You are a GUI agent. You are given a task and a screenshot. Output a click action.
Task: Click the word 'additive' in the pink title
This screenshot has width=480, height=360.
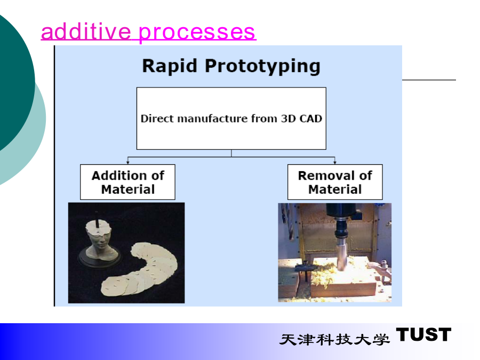[86, 31]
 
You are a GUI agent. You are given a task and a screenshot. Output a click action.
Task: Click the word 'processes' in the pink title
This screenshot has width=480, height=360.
[197, 33]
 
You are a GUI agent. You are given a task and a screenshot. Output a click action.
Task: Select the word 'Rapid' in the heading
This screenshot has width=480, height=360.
[170, 66]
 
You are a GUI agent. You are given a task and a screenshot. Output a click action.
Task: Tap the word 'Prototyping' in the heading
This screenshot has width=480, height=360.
[262, 66]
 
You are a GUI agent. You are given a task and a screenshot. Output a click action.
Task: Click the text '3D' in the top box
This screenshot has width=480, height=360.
[289, 118]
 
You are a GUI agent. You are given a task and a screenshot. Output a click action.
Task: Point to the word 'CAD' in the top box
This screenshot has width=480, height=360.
[310, 118]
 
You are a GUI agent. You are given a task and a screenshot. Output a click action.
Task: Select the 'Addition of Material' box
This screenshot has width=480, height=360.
[127, 182]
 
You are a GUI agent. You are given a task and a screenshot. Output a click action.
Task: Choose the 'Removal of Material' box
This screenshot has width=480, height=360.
[335, 182]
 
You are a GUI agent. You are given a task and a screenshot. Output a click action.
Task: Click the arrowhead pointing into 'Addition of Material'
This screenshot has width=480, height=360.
[128, 163]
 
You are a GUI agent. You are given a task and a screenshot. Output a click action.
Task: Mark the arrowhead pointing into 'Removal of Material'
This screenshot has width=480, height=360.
[335, 163]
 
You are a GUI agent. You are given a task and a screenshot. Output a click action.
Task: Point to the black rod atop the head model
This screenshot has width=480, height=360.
[97, 218]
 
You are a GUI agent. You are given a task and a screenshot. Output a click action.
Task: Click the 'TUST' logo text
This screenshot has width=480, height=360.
[423, 334]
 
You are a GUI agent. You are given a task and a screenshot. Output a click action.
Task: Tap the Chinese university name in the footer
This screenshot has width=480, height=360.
[334, 339]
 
